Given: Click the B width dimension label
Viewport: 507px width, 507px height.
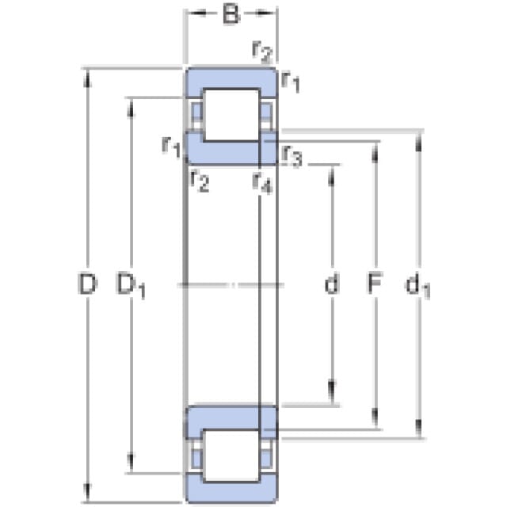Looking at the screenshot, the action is point(231,14).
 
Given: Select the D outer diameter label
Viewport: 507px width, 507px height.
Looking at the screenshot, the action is point(87,284).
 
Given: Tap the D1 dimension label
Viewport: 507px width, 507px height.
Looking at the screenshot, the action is point(131,285).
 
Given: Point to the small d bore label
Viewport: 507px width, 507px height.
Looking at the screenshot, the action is point(332,284).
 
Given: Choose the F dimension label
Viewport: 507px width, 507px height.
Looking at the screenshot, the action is point(375,284).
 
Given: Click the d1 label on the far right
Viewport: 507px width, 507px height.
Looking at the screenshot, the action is point(417,285).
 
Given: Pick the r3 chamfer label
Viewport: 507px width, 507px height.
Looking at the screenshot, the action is point(292,156).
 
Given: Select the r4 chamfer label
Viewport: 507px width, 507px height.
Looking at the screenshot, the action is point(262,183).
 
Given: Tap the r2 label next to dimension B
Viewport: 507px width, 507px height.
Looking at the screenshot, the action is point(262,52).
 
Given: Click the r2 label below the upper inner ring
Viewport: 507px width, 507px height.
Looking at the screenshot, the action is point(200,181).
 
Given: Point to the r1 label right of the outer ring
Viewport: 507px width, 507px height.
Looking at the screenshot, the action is point(291,82).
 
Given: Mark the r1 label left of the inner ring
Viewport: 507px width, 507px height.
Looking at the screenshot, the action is point(171,147).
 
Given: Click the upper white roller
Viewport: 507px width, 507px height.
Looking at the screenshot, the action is point(231,115).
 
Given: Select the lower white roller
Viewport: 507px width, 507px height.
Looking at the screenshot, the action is point(231,456).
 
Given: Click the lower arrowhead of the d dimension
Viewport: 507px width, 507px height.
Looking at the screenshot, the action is point(332,391).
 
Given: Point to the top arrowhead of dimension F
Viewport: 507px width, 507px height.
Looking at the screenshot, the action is point(375,153).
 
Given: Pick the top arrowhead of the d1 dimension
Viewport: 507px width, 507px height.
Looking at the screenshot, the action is point(418,142).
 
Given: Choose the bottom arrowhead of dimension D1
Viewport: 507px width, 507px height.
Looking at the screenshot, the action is point(131,463).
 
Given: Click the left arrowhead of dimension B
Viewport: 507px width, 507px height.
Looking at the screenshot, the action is point(196,13).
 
